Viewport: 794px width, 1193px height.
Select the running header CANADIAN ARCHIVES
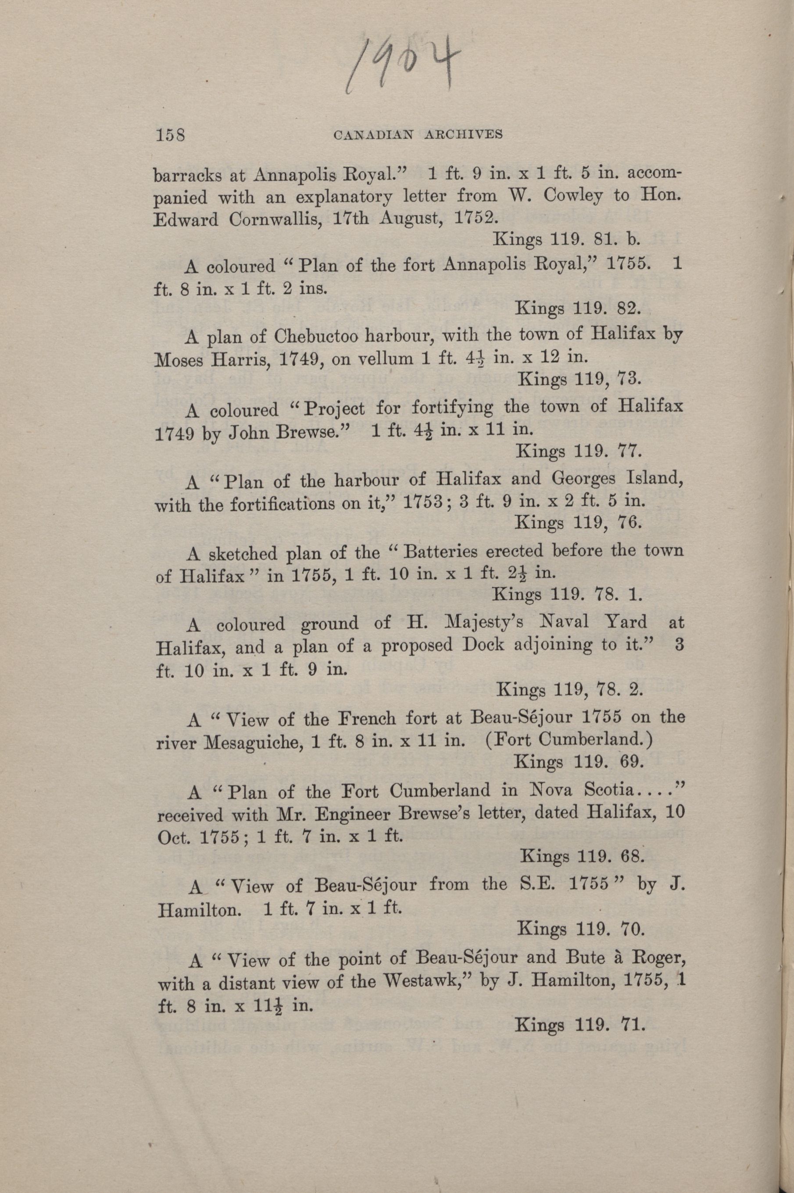coord(418,135)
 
